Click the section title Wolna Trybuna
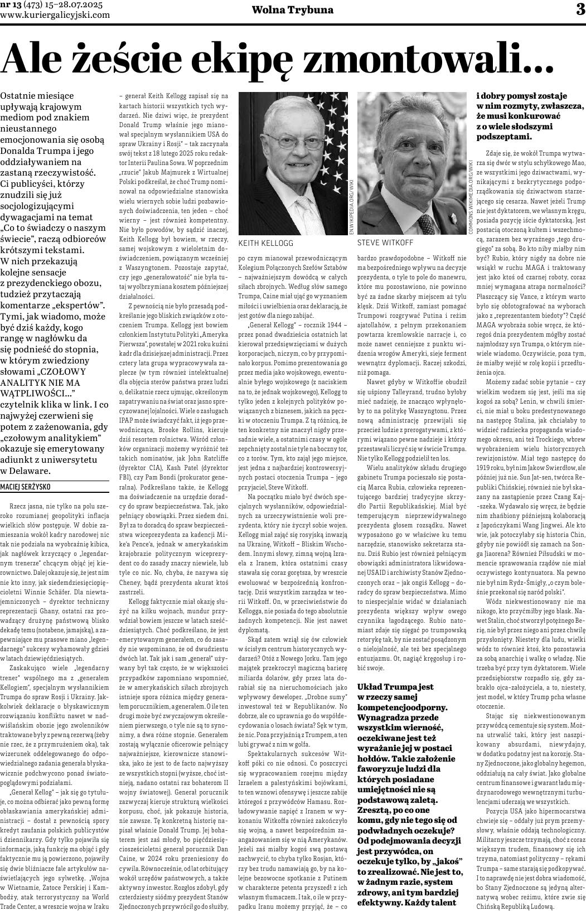tap(293, 10)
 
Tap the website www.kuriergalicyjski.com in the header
tap(55, 15)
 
